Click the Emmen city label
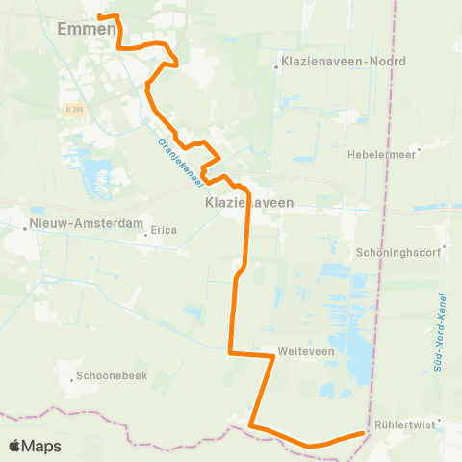click(x=88, y=29)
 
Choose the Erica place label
click(x=166, y=231)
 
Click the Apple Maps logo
click(x=35, y=446)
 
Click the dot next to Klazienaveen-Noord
click(x=276, y=67)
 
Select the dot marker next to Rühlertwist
click(x=439, y=420)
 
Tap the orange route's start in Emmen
click(x=102, y=16)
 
